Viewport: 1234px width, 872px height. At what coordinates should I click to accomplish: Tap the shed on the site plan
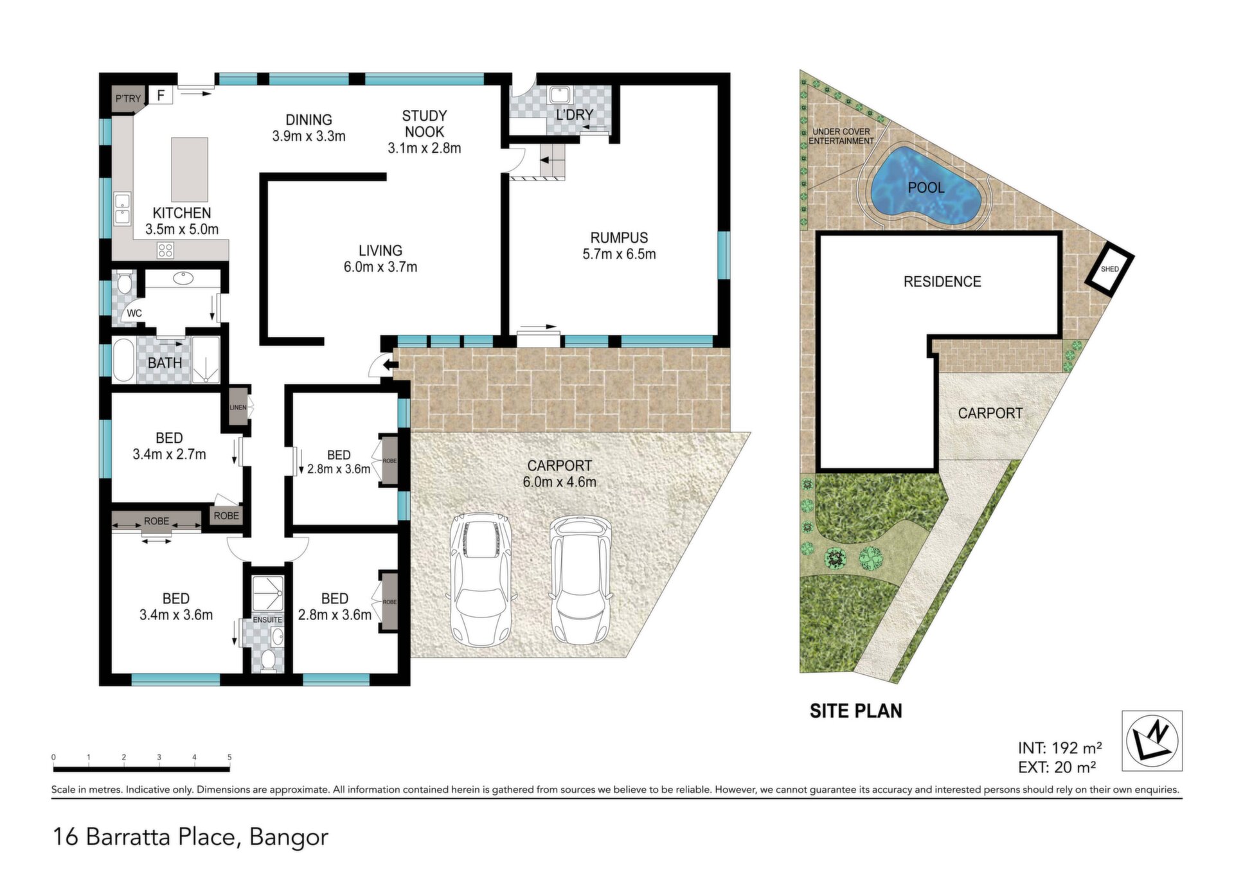point(1110,269)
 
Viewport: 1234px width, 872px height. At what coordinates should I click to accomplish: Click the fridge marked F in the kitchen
point(161,95)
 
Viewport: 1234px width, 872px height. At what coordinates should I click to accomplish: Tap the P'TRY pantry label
point(128,98)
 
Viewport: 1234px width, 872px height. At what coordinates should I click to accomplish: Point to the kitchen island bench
point(190,170)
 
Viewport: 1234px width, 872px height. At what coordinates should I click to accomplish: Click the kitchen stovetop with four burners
point(165,250)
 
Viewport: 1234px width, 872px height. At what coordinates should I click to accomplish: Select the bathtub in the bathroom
point(123,360)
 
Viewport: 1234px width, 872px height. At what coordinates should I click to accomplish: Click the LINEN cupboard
point(238,407)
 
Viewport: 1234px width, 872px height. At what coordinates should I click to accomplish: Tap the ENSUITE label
point(267,619)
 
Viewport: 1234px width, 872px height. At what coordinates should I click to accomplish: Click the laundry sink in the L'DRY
point(559,95)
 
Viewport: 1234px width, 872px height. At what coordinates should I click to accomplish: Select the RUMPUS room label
point(619,238)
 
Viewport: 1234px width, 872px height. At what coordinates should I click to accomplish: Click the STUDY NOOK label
point(424,123)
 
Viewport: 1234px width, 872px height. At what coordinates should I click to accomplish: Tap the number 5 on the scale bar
point(229,757)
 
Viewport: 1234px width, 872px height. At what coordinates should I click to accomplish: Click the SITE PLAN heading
point(855,711)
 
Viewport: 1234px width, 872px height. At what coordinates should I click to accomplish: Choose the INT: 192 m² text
point(1060,748)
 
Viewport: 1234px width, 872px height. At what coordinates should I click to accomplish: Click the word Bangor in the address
point(289,837)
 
